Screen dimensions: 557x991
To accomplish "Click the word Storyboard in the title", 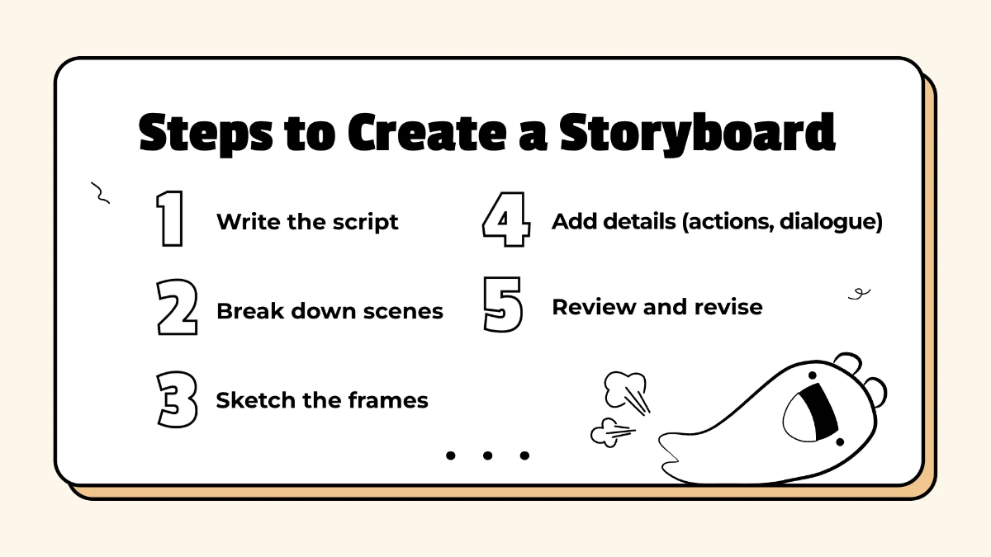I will point(698,135).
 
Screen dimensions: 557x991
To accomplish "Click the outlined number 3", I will point(177,400).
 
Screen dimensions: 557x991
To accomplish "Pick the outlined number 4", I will point(505,220).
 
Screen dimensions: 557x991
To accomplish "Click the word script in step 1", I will point(366,222).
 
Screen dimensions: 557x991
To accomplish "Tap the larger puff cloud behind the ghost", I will point(623,388).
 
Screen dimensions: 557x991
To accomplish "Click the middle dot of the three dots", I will point(487,455).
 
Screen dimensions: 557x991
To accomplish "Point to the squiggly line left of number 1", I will point(100,194).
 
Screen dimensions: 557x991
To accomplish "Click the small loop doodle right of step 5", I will point(860,292).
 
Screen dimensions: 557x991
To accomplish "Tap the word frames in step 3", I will point(388,400).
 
